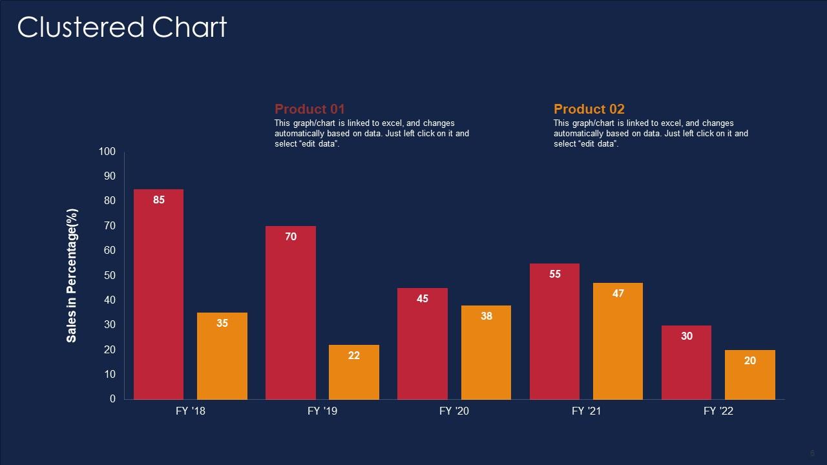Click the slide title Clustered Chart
click(x=122, y=28)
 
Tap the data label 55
click(x=554, y=274)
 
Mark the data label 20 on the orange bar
click(x=749, y=361)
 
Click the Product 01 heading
click(x=310, y=109)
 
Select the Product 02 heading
click(x=589, y=109)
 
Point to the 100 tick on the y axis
click(x=107, y=152)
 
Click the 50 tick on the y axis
click(x=109, y=276)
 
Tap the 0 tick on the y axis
click(x=112, y=399)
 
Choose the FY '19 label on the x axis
click(x=322, y=411)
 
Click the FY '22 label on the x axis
click(x=718, y=411)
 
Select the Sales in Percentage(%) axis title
click(x=72, y=276)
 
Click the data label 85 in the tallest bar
click(x=159, y=200)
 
